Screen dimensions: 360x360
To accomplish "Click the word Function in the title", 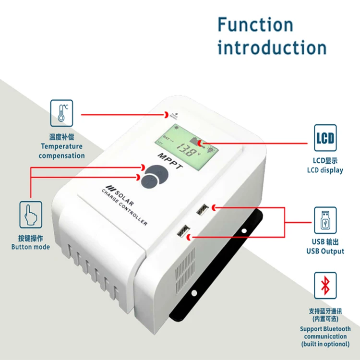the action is [x=255, y=25].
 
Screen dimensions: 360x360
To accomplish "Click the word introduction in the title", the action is [x=272, y=48].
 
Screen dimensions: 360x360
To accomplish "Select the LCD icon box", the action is [x=325, y=138].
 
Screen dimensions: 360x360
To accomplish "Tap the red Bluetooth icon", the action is [x=325, y=286].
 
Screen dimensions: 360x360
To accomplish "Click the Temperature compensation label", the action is [x=61, y=151].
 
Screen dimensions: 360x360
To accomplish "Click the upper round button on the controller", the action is [x=156, y=171].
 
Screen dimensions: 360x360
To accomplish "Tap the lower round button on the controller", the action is [x=150, y=182].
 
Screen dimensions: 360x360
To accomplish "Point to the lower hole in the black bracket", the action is [x=194, y=292].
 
